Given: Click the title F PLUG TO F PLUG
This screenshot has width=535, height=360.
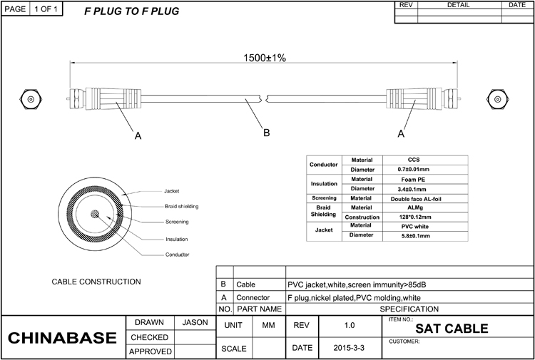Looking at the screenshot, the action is [x=131, y=11].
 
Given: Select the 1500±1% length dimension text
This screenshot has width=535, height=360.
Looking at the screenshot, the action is [x=265, y=58].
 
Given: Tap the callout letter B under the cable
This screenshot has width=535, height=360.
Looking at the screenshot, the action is [x=267, y=133].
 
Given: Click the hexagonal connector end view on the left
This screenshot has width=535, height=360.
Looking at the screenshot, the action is [x=31, y=99].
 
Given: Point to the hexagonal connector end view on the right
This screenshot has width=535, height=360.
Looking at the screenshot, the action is [x=498, y=99].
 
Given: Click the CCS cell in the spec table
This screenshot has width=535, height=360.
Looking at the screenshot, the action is [x=414, y=160].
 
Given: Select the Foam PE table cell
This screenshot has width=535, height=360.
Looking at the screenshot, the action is [x=413, y=180].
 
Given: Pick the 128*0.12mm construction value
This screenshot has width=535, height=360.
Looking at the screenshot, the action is [x=414, y=217].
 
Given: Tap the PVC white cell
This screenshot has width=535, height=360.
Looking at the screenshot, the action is [x=414, y=227].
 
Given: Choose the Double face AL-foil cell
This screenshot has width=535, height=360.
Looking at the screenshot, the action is [x=416, y=199].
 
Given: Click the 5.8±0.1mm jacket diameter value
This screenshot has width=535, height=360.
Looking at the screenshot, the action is [x=414, y=236].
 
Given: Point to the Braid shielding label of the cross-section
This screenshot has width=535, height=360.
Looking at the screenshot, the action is [x=181, y=206].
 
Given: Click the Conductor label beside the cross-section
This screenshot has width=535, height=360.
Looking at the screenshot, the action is [x=177, y=254].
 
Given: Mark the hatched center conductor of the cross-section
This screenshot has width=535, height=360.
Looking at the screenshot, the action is [x=95, y=214].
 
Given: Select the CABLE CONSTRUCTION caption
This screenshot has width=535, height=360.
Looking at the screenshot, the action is [x=96, y=282].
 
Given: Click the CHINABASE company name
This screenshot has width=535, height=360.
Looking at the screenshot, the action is [x=62, y=337].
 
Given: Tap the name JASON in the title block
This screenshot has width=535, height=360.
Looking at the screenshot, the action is [x=195, y=322].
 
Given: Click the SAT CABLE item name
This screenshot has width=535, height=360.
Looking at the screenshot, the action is [x=452, y=329].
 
